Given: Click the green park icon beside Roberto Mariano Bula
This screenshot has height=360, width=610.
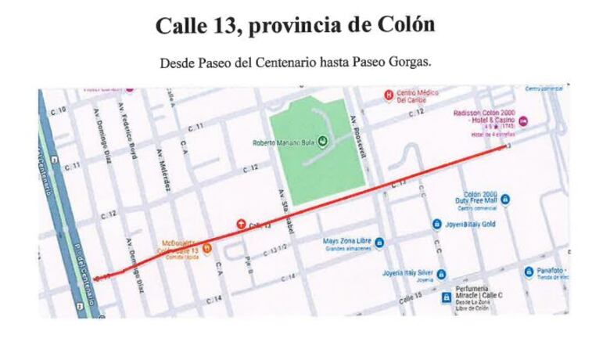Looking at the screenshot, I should pyautogui.click(x=321, y=142).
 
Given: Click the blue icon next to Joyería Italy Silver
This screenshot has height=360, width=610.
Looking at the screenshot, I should pyautogui.click(x=442, y=274).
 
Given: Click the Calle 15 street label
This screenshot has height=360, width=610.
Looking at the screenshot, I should pyautogui.click(x=410, y=297).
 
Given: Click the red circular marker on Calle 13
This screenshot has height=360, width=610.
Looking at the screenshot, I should pyautogui.click(x=241, y=225).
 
